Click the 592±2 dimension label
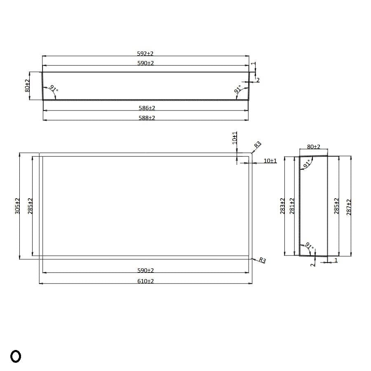pos(146,54)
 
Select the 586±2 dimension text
pos(146,108)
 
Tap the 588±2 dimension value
pos(146,118)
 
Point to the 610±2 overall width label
pos(146,281)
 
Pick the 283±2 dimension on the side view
pos(283,206)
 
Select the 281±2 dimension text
pos(293,206)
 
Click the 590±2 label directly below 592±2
pos(146,63)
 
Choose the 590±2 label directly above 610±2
pos(146,270)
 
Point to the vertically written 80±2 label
pos(28,86)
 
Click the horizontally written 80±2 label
pos(314,147)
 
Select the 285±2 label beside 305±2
pos(30,206)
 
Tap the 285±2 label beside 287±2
pos(336,206)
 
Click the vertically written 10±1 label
pos(235,138)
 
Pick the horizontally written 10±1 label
pos(270,161)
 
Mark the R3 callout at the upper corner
pos(258,145)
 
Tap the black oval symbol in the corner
pos(16,356)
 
